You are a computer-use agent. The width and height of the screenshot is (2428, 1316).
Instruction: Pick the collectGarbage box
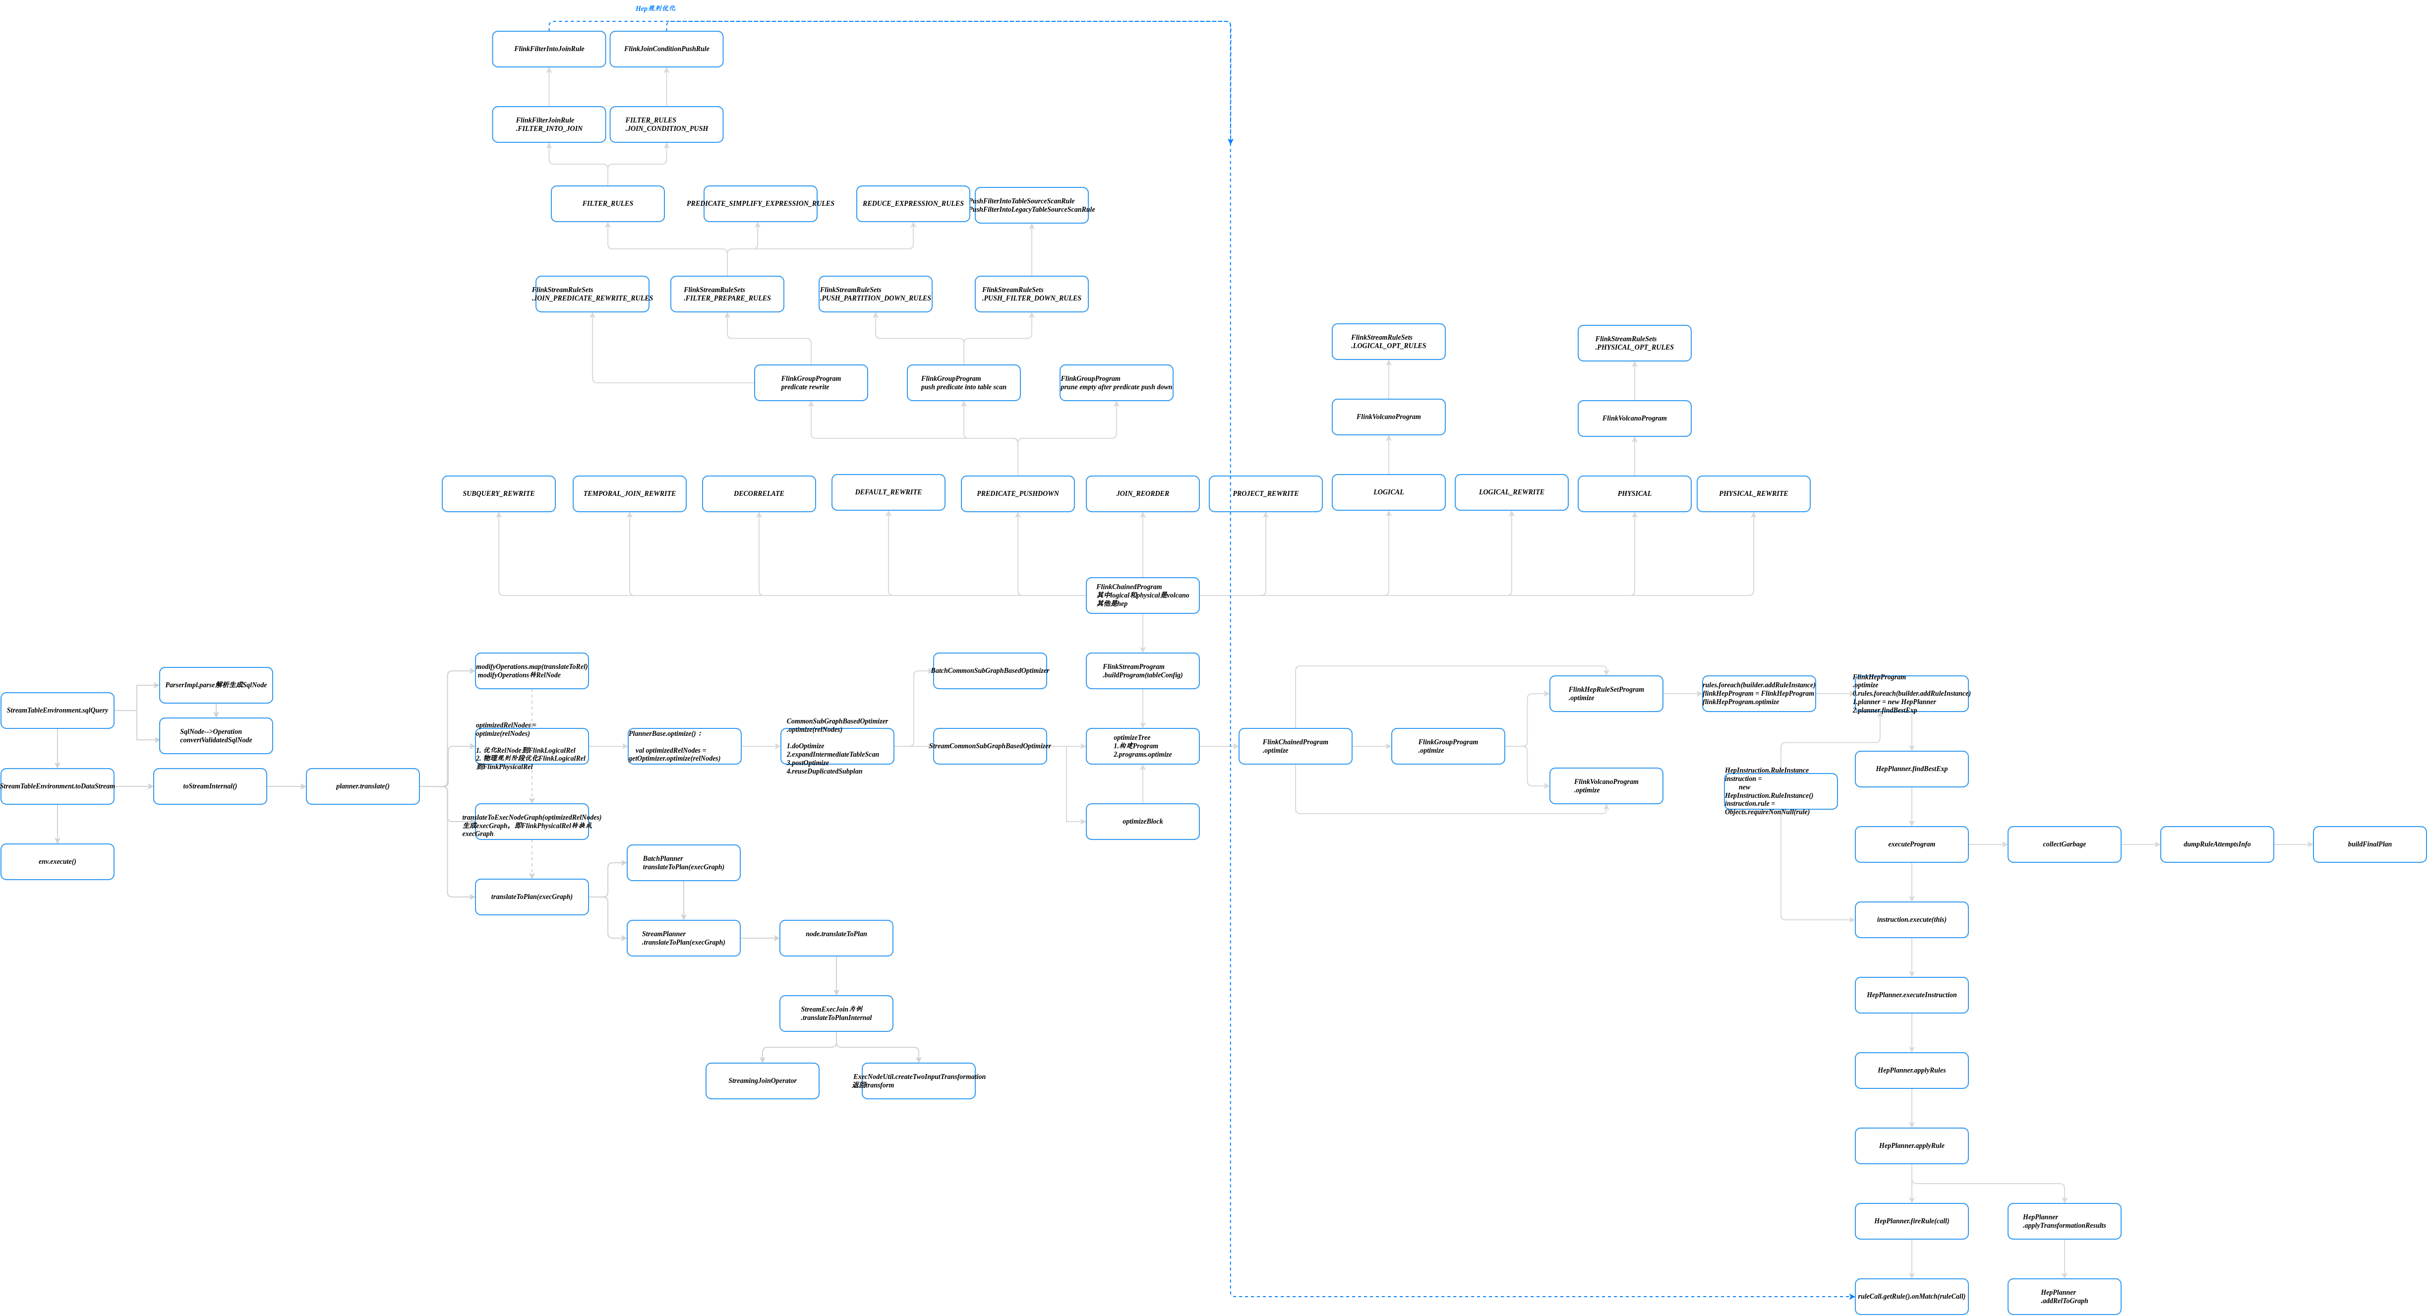coord(2064,844)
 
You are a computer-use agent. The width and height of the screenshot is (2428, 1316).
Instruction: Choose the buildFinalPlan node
coord(2369,844)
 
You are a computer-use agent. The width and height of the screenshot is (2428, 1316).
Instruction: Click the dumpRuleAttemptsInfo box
coord(2217,844)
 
